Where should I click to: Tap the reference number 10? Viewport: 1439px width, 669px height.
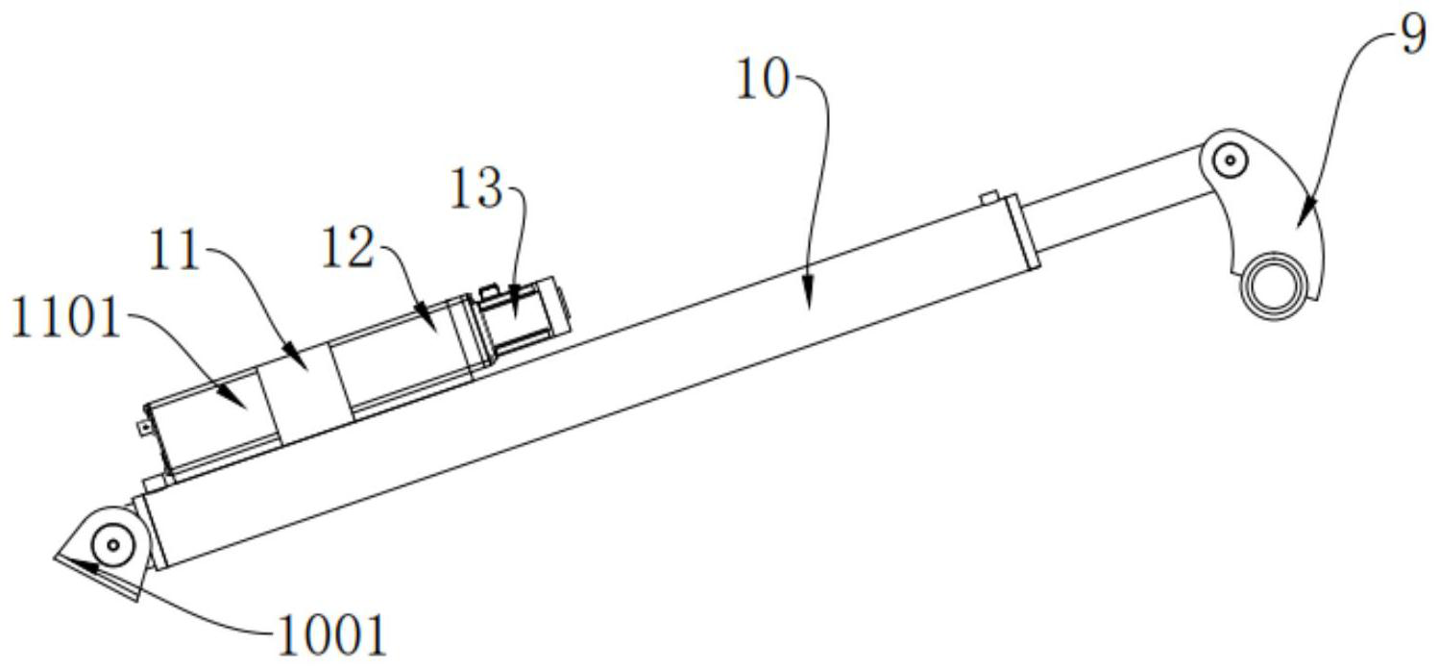coord(762,82)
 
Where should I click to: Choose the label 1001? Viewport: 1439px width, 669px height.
coord(331,634)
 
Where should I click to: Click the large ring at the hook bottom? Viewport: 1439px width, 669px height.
coord(1276,287)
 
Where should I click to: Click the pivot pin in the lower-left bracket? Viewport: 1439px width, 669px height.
coord(113,545)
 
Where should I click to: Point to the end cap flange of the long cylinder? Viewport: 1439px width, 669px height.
coord(1025,232)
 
